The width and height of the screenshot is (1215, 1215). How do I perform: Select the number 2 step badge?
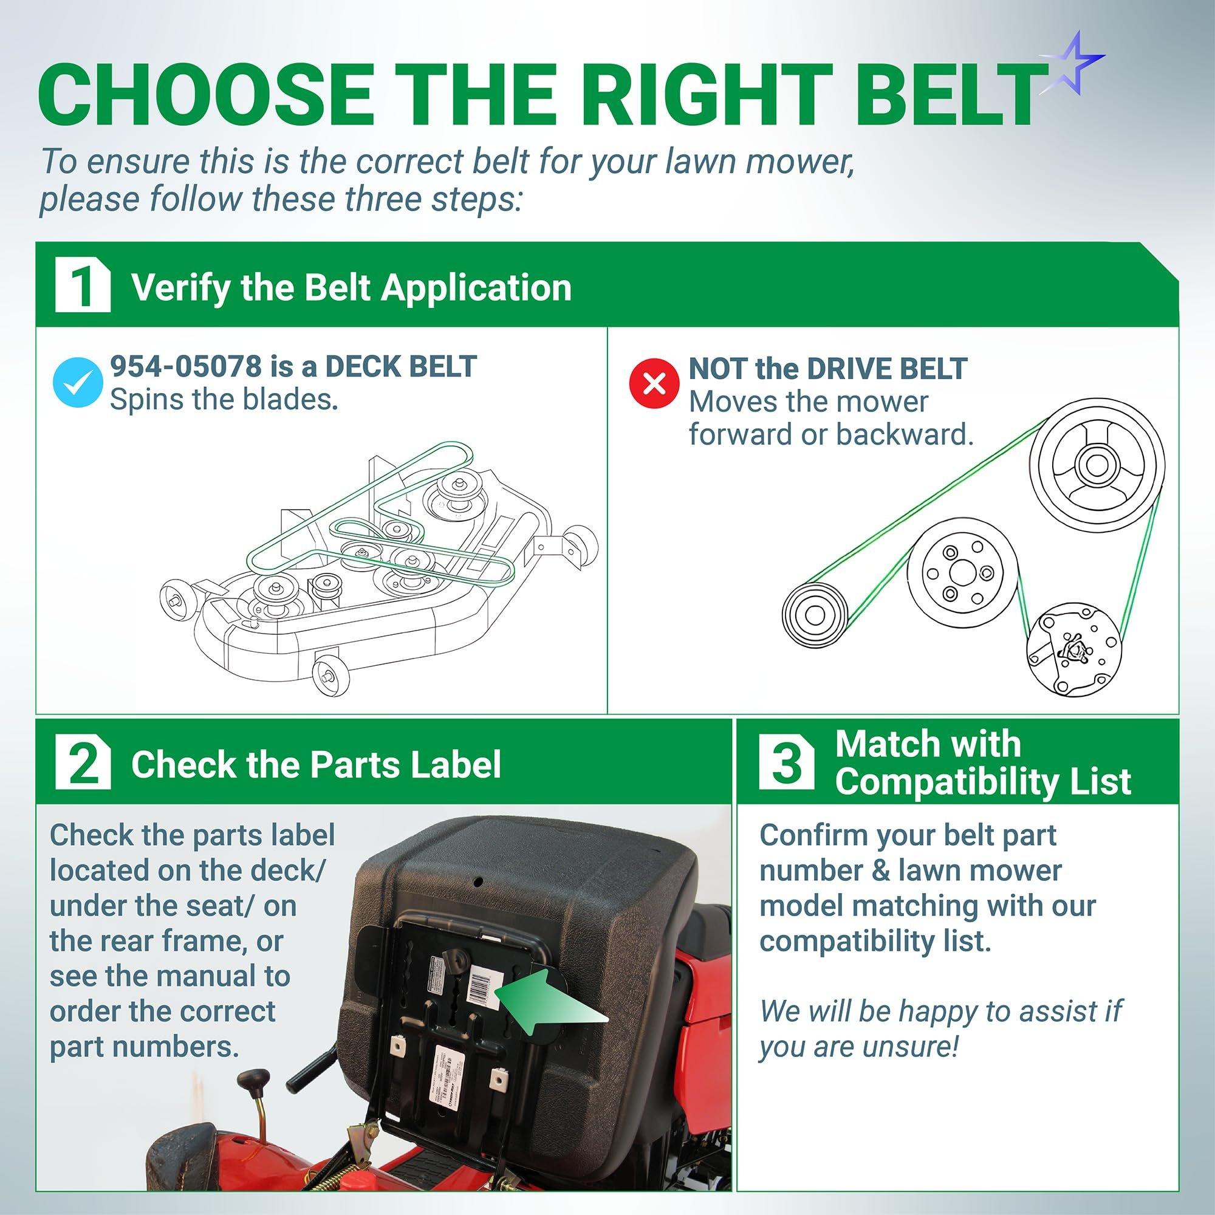click(83, 764)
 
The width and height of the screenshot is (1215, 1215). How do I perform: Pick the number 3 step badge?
click(786, 764)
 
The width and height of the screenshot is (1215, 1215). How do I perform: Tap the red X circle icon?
click(654, 383)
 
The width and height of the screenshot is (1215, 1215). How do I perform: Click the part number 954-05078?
click(185, 368)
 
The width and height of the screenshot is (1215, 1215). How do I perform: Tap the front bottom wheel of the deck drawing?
click(328, 676)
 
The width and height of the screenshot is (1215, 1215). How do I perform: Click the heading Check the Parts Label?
click(316, 765)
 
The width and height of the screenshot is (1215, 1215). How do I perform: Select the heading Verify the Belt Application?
click(351, 288)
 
